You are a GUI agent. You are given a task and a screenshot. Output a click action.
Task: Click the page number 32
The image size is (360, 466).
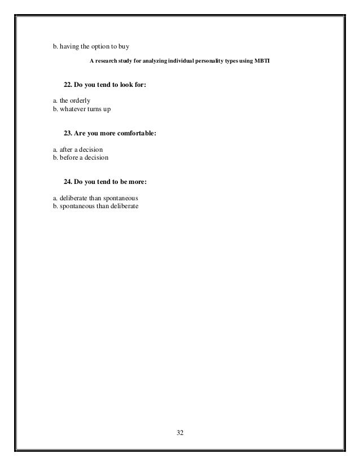coord(180,433)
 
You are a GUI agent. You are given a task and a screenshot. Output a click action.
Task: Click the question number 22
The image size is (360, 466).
coord(68,85)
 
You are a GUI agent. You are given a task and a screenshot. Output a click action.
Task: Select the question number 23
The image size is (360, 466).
coord(68,134)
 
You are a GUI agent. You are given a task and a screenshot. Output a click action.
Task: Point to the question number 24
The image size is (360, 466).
coord(68,182)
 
